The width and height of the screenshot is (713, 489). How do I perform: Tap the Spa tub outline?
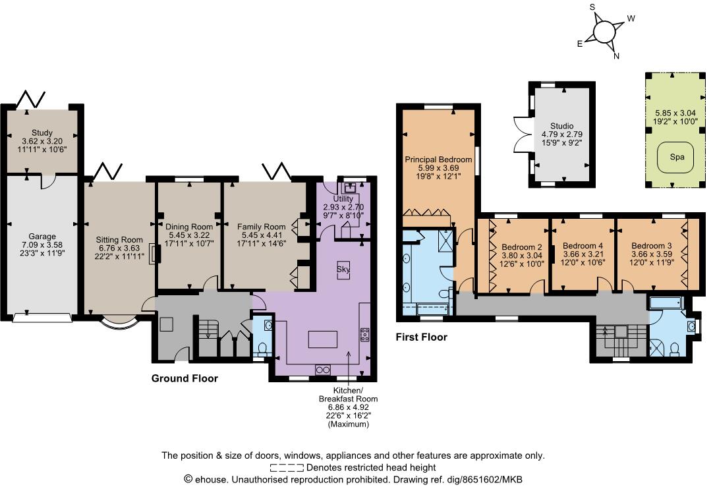[677, 158]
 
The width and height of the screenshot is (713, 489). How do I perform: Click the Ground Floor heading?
[185, 378]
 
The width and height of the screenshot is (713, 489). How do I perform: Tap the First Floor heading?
[421, 337]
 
